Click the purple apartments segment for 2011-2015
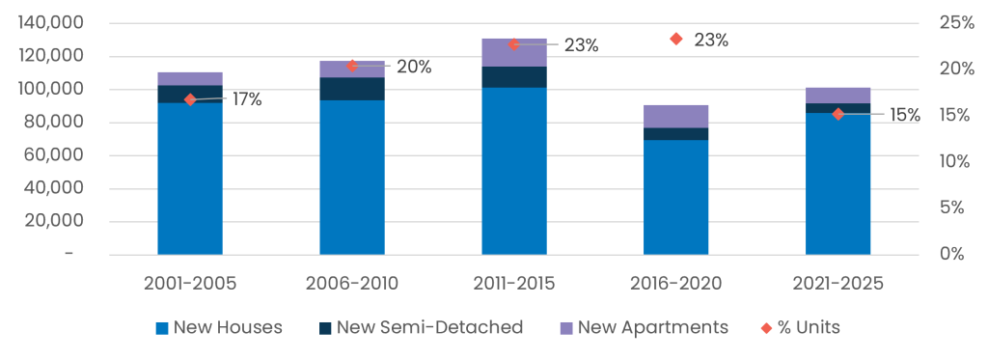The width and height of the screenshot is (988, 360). pyautogui.click(x=514, y=52)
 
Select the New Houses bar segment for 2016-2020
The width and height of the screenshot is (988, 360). pyautogui.click(x=676, y=197)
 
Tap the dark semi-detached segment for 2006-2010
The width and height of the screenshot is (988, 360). pyautogui.click(x=352, y=89)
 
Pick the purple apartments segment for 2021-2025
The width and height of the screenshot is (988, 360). pyautogui.click(x=838, y=96)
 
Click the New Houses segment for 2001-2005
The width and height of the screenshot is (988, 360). pyautogui.click(x=190, y=179)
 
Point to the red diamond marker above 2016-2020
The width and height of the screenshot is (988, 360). pyautogui.click(x=676, y=40)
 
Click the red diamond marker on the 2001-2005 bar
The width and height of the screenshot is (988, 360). pyautogui.click(x=190, y=99)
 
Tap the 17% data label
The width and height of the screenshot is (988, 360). pyautogui.click(x=247, y=99)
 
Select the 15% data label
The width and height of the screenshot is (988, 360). pyautogui.click(x=905, y=116)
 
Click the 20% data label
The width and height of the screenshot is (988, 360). pyautogui.click(x=414, y=68)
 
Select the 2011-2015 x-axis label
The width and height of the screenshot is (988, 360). pyautogui.click(x=514, y=284)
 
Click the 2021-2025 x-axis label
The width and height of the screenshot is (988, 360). pyautogui.click(x=838, y=284)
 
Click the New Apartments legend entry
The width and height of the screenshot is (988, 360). pyautogui.click(x=644, y=328)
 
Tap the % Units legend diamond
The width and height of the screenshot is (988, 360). pyautogui.click(x=767, y=328)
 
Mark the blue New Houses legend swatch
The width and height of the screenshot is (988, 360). pyautogui.click(x=162, y=328)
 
